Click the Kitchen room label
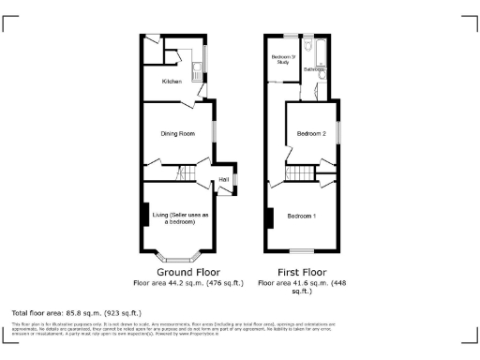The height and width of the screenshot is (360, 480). (x=172, y=82)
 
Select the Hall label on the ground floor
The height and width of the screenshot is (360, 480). (x=224, y=179)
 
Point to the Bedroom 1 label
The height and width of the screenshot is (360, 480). (x=301, y=217)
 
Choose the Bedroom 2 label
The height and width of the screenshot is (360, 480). (x=311, y=134)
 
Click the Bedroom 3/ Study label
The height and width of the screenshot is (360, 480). (x=283, y=60)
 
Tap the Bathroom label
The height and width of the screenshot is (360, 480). (x=314, y=69)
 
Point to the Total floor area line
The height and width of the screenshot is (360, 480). (x=76, y=312)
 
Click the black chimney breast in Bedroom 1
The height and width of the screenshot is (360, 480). (x=270, y=218)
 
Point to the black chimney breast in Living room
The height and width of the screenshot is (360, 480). (x=144, y=217)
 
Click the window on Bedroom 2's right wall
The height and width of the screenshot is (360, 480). (x=338, y=128)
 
